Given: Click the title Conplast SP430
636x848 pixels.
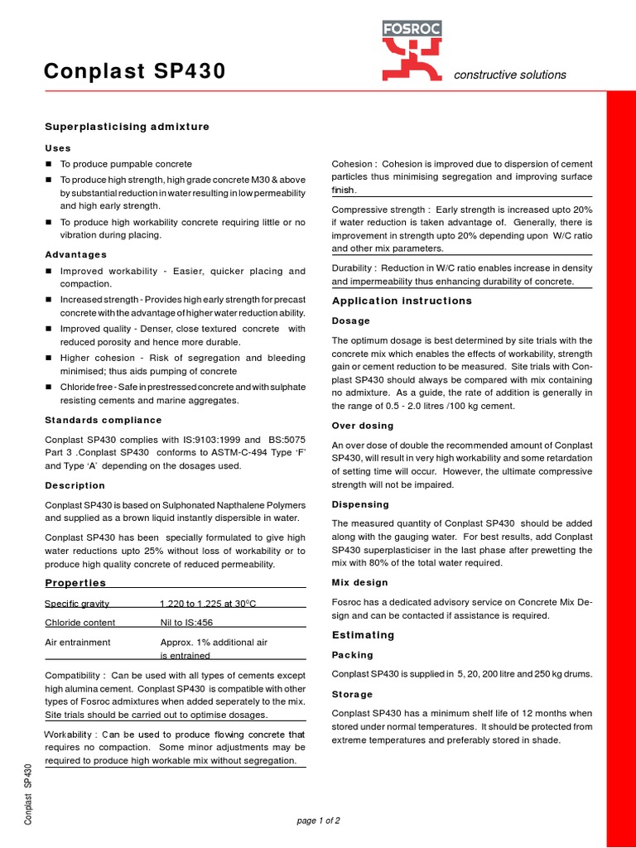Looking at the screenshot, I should (134, 73).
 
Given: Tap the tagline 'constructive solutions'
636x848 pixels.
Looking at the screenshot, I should (509, 75).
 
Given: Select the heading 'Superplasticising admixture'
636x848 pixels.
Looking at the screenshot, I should (127, 127).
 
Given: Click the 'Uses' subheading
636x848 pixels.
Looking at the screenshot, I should (58, 147).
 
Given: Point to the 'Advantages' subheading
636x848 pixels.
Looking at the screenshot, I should (75, 254).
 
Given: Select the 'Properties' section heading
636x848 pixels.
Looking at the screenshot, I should (75, 583).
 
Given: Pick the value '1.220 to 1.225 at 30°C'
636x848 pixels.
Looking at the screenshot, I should (215, 603).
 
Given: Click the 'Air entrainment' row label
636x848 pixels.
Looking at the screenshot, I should (78, 642).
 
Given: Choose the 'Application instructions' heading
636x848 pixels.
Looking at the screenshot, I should (402, 301).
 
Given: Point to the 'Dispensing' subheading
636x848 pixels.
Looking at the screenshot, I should (360, 504).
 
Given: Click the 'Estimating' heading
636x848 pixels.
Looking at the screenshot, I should (363, 635).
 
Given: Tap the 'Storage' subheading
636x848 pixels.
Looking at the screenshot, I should (352, 694).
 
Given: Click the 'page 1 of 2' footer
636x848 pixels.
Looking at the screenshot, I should (318, 821).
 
